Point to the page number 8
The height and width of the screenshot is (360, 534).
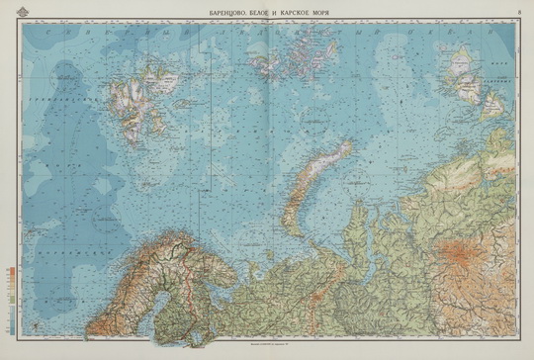(520, 10)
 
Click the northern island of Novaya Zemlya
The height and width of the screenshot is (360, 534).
(325, 158)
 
